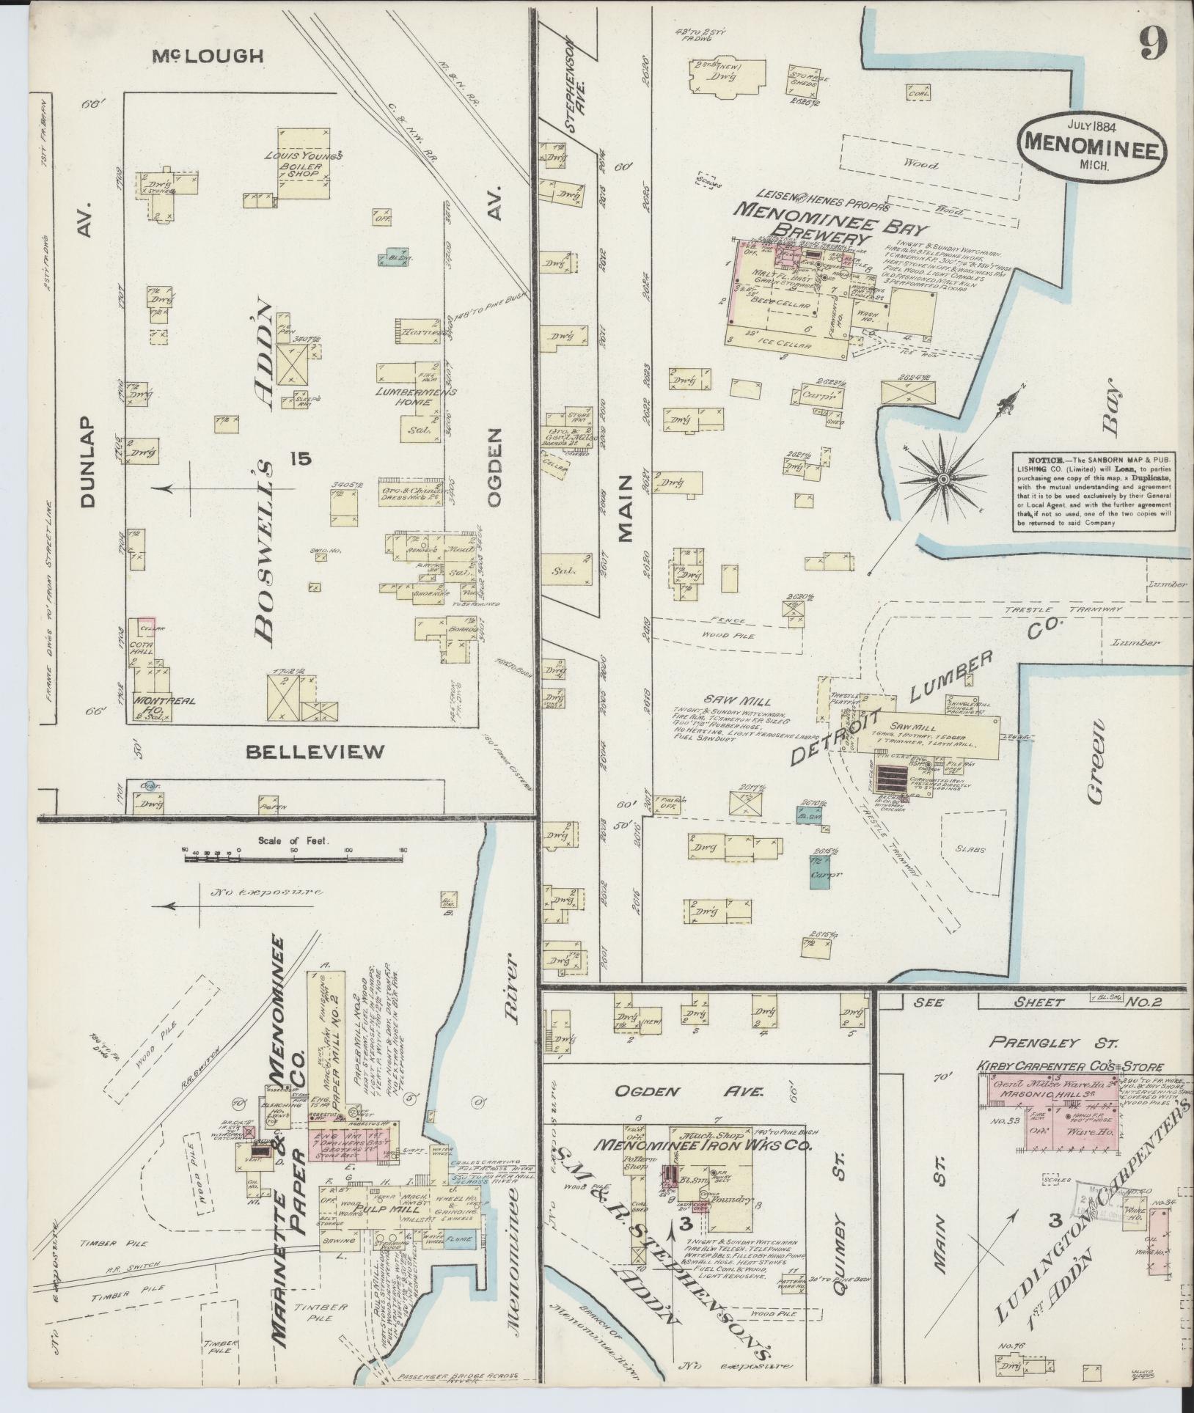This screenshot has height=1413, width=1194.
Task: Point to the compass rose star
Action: (x=944, y=478)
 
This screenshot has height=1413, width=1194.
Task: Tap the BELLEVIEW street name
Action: (x=315, y=751)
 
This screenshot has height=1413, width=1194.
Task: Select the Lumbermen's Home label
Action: (x=416, y=397)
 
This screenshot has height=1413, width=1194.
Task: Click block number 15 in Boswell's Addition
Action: (x=300, y=460)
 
